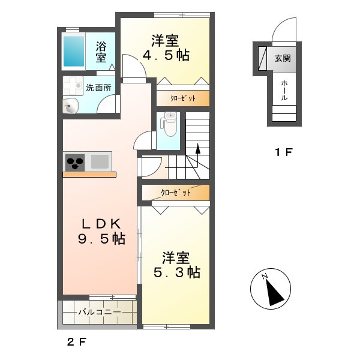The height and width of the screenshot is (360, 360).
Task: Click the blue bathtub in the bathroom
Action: coord(74,51)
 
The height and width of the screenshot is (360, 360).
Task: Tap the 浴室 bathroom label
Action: coord(101,52)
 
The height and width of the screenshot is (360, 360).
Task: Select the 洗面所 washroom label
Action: coord(99,88)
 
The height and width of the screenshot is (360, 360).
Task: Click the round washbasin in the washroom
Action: coord(70,106)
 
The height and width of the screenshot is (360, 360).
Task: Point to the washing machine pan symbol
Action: coord(73,86)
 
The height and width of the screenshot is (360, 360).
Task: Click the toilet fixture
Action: coord(169,124)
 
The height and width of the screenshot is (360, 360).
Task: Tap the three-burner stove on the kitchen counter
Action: coord(75,163)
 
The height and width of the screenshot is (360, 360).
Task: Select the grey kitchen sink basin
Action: coord(100,161)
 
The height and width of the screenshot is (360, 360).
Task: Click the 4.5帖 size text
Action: coord(166,55)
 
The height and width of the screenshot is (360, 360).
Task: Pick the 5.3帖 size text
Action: coord(177,272)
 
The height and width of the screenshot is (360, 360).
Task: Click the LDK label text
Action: coord(101,224)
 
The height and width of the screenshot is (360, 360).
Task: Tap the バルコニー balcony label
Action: coord(100,312)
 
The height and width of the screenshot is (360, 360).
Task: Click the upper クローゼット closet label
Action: coord(183,98)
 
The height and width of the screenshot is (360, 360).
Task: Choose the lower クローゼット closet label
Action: coord(176,193)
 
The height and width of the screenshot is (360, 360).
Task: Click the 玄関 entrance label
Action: coord(283,59)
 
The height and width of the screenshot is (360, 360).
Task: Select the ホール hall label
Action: coord(284,90)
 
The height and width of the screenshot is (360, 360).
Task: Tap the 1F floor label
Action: coord(284,152)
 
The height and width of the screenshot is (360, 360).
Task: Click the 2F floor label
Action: coord(77,343)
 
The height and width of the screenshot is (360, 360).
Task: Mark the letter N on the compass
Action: coord(265,276)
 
